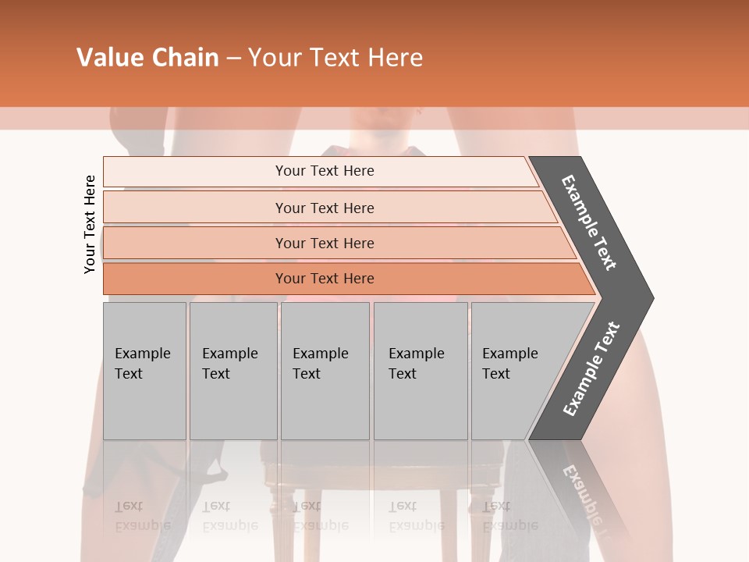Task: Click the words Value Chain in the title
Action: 147,58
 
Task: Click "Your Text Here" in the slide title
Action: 335,58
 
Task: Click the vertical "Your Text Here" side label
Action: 90,225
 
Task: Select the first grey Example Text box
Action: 144,371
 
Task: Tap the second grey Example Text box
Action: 233,371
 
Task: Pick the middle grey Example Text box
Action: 325,371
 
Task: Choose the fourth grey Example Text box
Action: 421,371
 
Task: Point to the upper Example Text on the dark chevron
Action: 589,223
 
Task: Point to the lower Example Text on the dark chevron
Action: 591,369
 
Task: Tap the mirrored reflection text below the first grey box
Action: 142,516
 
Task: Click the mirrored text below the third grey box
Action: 320,516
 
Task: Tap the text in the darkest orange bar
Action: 325,279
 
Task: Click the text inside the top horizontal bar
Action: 325,171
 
